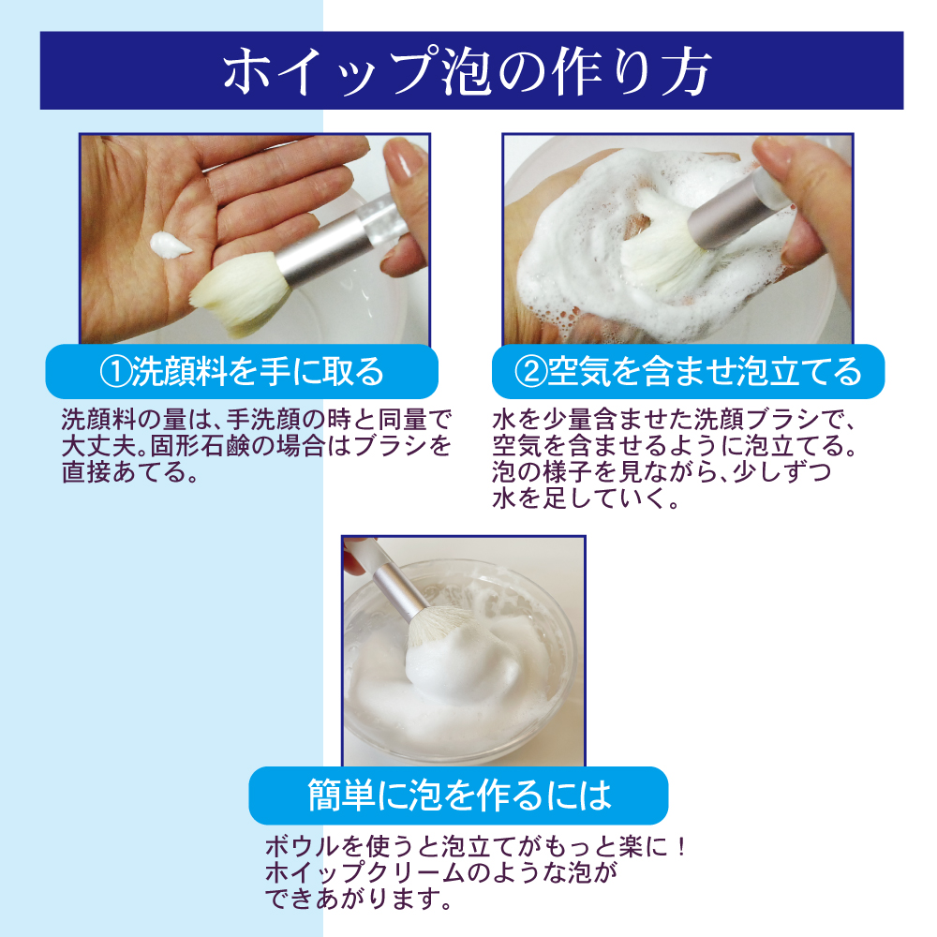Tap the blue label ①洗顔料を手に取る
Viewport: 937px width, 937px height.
242,371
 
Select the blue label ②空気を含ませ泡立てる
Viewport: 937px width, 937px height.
689,371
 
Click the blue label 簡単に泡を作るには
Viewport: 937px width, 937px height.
458,796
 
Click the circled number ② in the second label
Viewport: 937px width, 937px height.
529,372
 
